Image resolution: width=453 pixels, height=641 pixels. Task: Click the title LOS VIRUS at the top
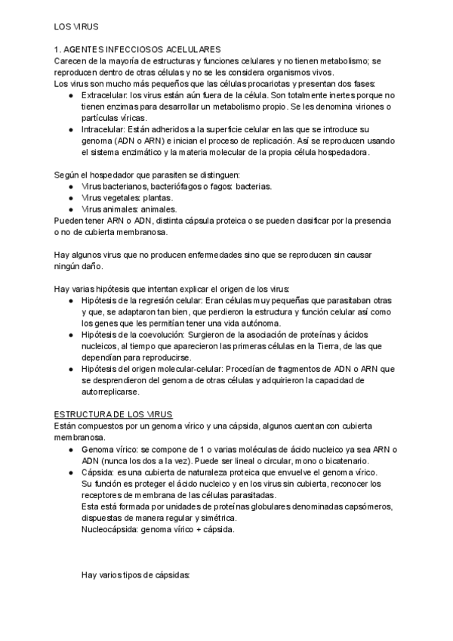click(x=75, y=26)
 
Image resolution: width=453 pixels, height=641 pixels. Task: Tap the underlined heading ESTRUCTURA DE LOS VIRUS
click(x=113, y=415)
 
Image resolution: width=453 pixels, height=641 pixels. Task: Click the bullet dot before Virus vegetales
click(x=71, y=197)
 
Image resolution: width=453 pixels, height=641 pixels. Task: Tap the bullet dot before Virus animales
click(x=71, y=209)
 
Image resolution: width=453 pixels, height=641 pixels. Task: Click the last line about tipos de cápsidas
click(x=136, y=575)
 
